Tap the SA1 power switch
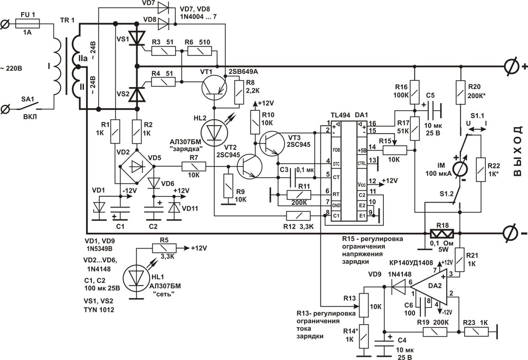(29, 106)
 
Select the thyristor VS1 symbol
(137, 37)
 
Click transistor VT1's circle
(214, 87)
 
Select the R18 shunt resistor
(441, 233)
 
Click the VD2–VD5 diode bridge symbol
(137, 166)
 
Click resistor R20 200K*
(460, 92)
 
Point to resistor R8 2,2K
(239, 93)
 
